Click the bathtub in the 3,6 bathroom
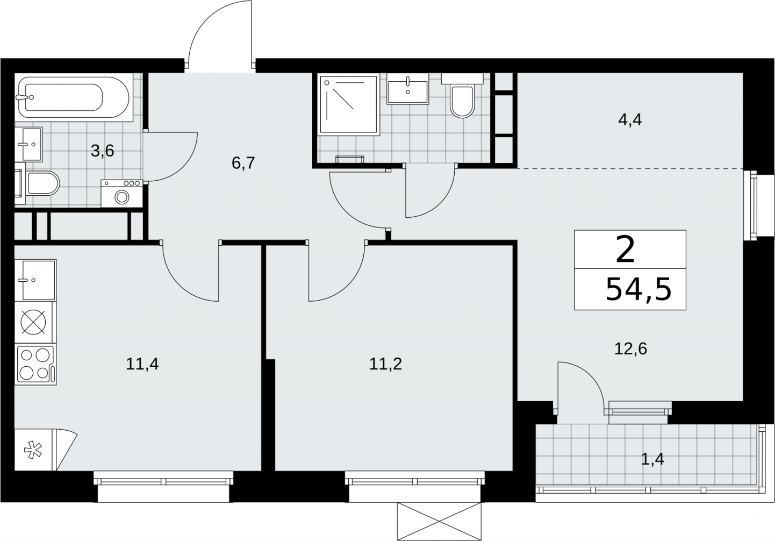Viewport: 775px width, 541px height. [x=74, y=97]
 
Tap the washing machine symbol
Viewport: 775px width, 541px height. [x=122, y=194]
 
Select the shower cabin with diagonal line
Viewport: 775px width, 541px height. [x=349, y=104]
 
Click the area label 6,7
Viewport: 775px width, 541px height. [x=243, y=163]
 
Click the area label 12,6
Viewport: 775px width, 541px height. [x=630, y=348]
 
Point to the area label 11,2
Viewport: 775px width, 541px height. [x=386, y=364]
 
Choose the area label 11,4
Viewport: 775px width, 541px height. [x=142, y=364]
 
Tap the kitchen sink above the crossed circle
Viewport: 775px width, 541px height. [x=35, y=280]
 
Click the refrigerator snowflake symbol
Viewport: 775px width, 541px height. [x=33, y=450]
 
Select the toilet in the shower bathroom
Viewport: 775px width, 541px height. [x=462, y=96]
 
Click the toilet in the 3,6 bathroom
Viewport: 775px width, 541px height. [x=38, y=183]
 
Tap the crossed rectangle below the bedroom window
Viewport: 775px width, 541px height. [x=439, y=521]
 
